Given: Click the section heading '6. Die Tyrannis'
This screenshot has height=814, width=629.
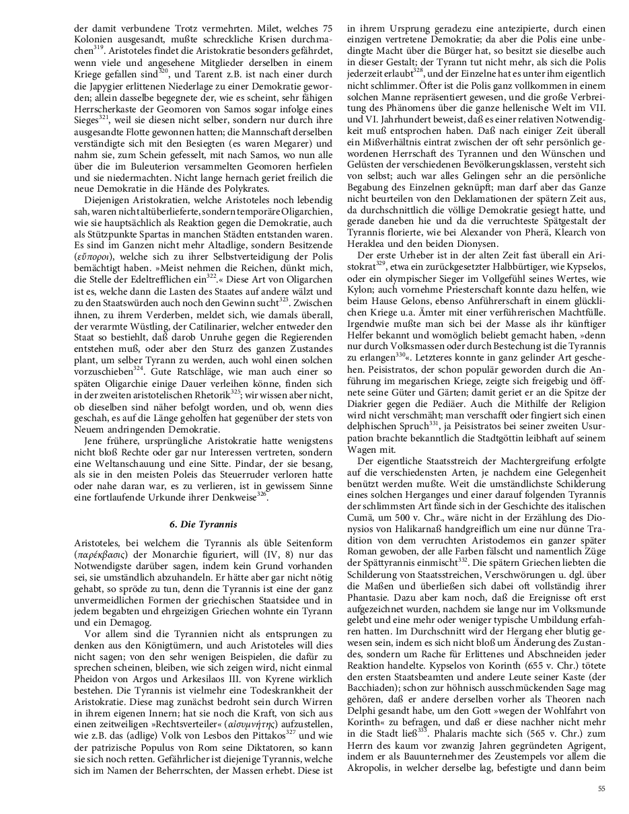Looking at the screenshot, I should [x=203, y=525].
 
